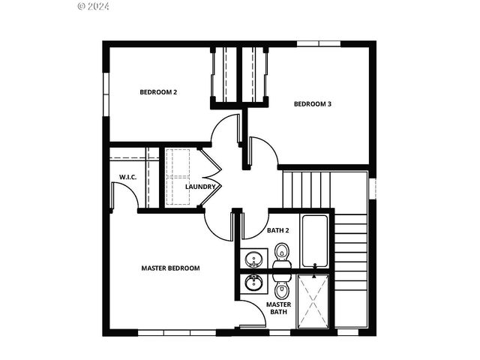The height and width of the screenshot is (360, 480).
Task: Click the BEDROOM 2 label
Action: coord(158,92)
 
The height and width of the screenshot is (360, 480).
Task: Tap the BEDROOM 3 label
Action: coord(312,104)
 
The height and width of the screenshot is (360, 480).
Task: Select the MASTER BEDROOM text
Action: coord(171,268)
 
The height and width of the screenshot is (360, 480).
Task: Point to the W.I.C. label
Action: coord(127,177)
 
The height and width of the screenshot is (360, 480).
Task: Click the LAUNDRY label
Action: coord(201,187)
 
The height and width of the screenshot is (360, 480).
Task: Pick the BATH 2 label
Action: coord(278,230)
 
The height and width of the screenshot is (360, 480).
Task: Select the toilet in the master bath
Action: coord(282,289)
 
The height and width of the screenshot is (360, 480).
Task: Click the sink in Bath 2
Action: coord(254,259)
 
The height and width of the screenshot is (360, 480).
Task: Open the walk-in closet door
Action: coord(124,196)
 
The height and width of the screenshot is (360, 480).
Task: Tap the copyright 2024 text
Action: coord(94,6)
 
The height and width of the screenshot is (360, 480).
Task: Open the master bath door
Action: coord(253,315)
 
